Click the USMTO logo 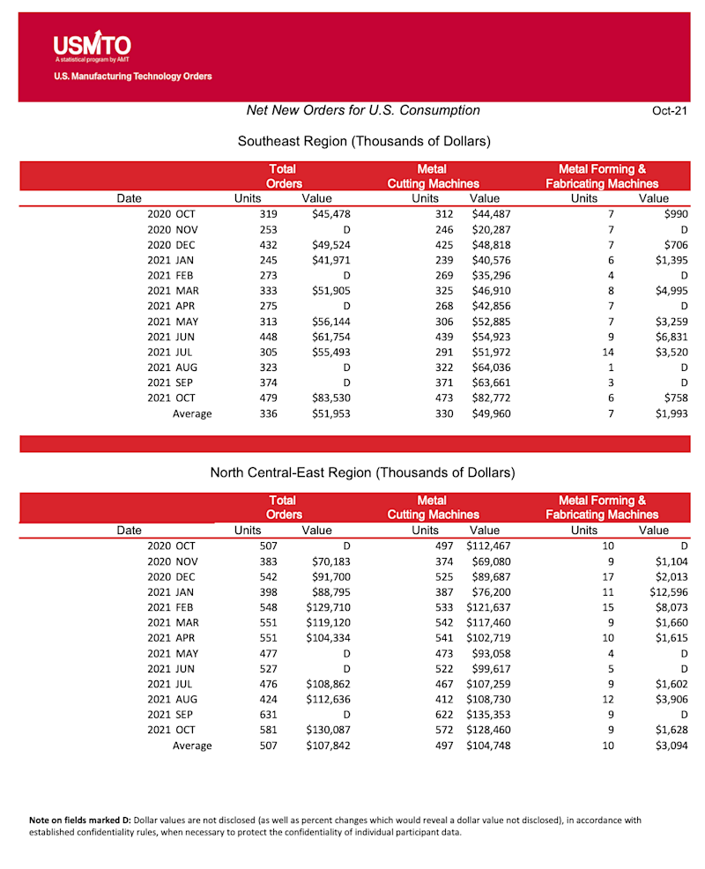point(92,46)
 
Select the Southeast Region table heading point(363,141)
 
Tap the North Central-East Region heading point(362,473)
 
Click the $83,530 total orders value point(330,397)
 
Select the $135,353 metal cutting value point(488,715)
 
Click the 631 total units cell point(265,715)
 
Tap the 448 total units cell point(265,337)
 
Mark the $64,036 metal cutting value point(491,367)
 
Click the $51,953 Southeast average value point(330,413)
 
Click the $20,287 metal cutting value point(491,229)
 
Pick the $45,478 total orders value point(330,214)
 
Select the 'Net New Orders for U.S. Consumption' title point(363,111)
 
